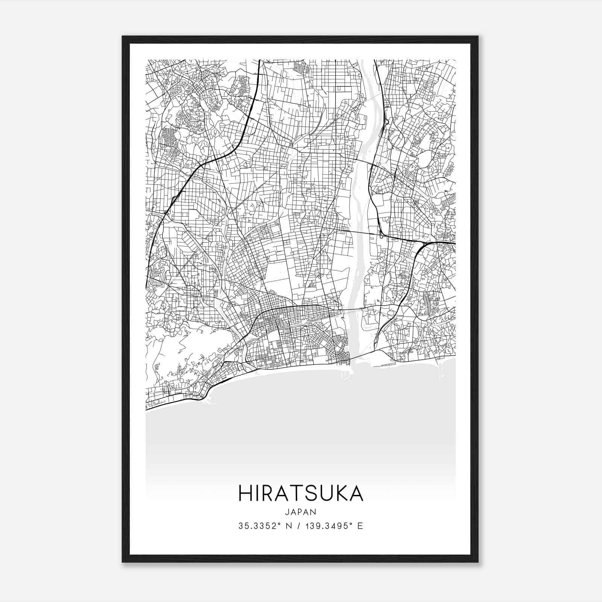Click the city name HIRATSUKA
tap(301, 493)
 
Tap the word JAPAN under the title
tap(301, 512)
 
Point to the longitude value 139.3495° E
tap(333, 526)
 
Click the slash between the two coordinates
tap(299, 526)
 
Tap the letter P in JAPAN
tap(300, 512)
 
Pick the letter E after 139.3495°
tap(360, 526)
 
